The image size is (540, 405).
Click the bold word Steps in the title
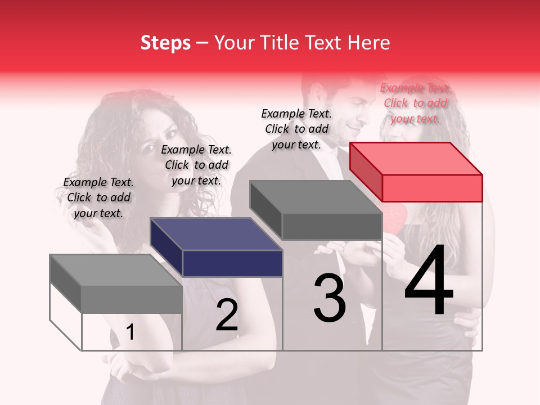(x=165, y=43)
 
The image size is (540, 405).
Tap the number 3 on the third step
(x=330, y=298)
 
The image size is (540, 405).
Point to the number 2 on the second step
(x=227, y=315)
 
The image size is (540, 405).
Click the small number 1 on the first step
(x=130, y=332)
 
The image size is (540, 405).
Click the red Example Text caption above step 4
(x=415, y=103)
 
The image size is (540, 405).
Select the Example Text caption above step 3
(x=296, y=129)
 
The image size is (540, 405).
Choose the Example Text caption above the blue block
(x=196, y=165)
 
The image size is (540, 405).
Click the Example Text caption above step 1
(x=98, y=197)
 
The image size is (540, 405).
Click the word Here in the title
(x=369, y=43)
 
